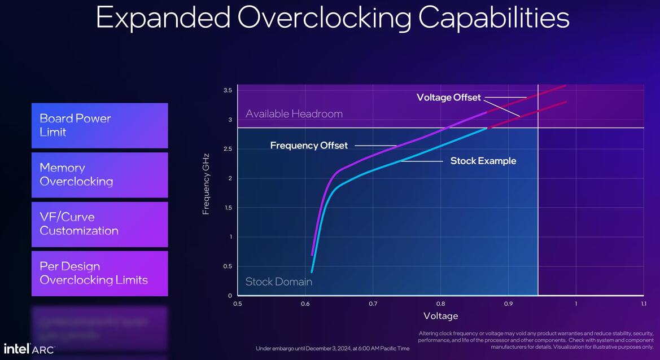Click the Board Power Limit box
click(99, 125)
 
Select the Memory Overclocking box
click(99, 175)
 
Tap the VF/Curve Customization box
click(99, 224)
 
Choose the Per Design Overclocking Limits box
click(99, 273)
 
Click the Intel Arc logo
click(29, 349)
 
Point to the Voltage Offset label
click(448, 98)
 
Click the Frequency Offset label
click(309, 146)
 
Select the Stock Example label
click(483, 161)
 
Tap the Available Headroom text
click(294, 114)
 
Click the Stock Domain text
click(278, 282)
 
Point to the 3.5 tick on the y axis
click(228, 90)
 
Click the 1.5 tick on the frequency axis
click(228, 208)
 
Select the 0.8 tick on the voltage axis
click(440, 304)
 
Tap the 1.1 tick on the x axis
click(642, 304)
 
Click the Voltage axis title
click(440, 316)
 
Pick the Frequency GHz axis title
click(206, 183)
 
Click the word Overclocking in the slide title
click(324, 17)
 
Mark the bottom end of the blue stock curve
click(312, 272)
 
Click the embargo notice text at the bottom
click(333, 349)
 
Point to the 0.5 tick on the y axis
click(228, 266)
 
